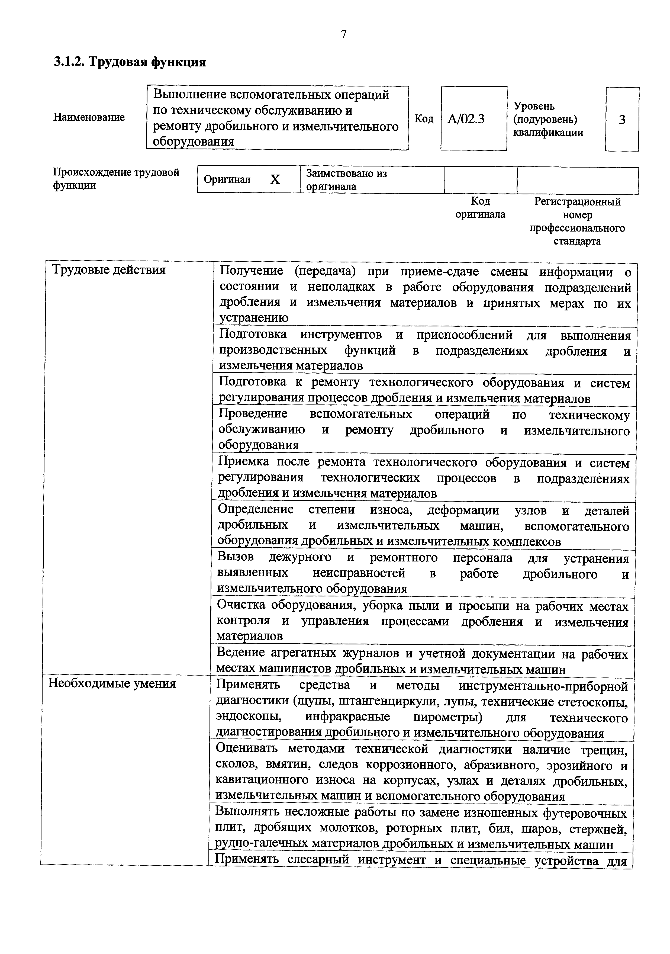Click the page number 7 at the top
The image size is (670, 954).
343,34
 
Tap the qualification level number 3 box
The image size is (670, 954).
622,120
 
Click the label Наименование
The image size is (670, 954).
89,117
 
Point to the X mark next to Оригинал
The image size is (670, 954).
275,179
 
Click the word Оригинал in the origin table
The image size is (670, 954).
227,179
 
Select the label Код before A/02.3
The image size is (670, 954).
424,119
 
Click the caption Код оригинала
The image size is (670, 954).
480,208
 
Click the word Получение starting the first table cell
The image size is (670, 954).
252,271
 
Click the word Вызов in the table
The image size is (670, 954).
235,557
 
